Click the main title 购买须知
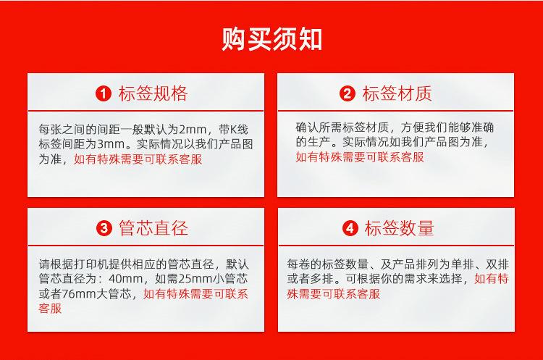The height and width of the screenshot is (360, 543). (x=271, y=38)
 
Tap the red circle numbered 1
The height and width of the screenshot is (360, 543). (x=104, y=93)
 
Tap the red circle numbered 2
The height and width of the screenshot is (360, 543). (x=348, y=93)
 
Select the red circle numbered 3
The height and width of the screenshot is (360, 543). (x=104, y=229)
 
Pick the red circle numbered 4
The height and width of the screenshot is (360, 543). (x=350, y=229)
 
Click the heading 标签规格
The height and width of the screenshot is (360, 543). (x=153, y=93)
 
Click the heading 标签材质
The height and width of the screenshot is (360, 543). (x=397, y=93)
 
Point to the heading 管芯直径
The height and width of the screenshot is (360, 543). (x=153, y=229)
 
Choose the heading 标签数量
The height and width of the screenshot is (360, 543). (x=399, y=229)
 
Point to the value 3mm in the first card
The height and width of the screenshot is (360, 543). (x=112, y=144)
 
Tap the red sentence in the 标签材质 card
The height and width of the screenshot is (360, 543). (x=360, y=156)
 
